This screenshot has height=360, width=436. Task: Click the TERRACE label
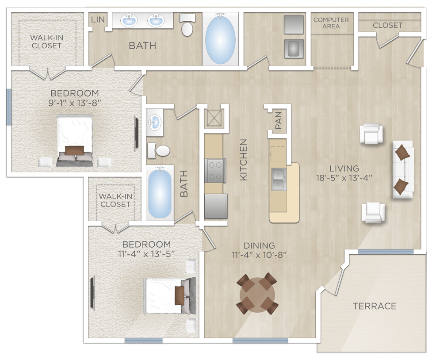pos(375,306)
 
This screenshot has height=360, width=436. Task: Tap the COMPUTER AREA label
pos(331,23)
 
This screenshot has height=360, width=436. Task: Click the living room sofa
pos(402,169)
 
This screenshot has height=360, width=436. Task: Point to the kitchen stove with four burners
pos(215,170)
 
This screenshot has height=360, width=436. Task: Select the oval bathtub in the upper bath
pos(221,38)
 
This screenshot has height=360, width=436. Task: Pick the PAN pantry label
pos(279,121)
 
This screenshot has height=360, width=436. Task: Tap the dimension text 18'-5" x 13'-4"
pos(344,178)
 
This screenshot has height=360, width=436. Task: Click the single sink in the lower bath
pos(155,120)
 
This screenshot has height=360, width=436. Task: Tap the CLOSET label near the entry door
pos(388,25)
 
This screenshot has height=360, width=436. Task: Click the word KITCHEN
pos(243,160)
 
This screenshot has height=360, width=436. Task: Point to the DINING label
pos(259,245)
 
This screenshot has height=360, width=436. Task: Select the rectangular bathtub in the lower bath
pos(160,193)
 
